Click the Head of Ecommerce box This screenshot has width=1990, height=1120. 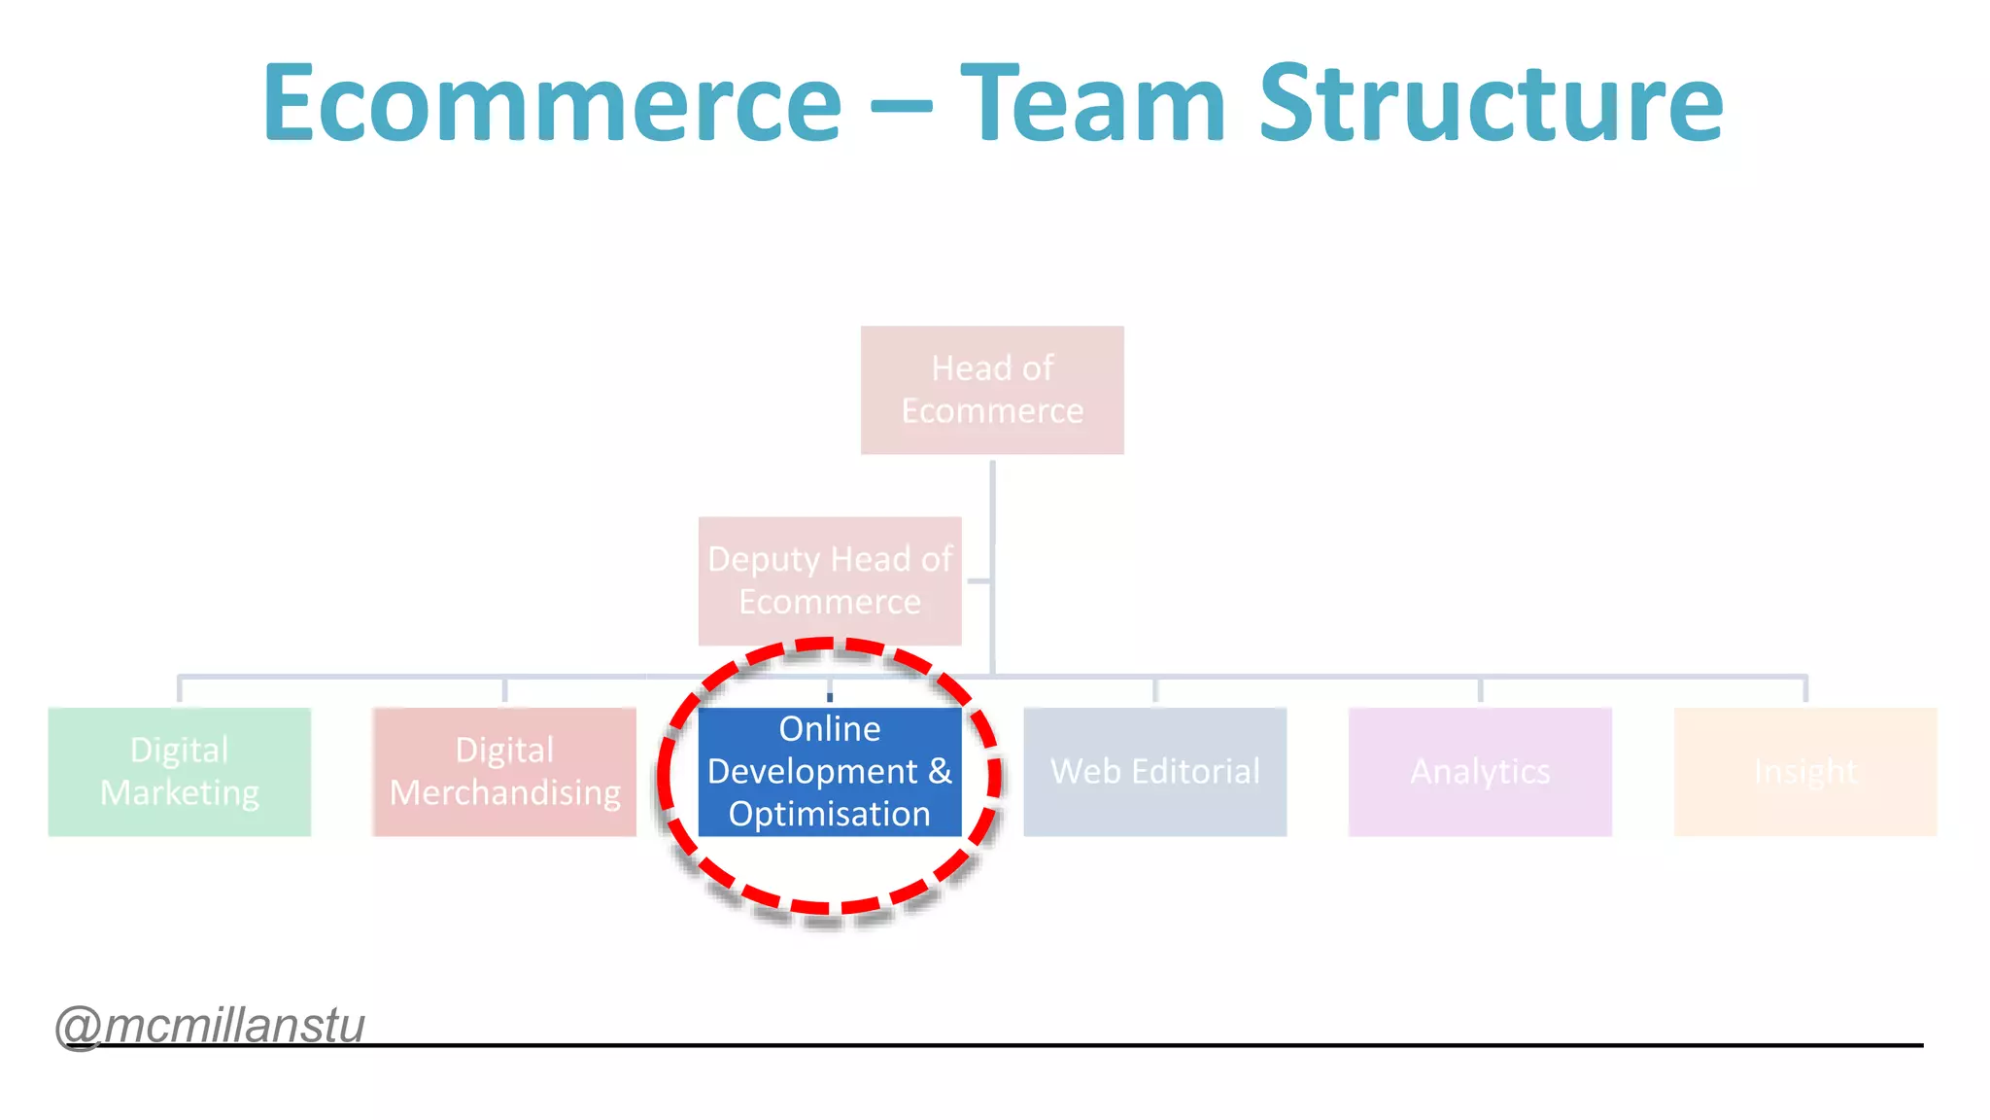[x=992, y=390]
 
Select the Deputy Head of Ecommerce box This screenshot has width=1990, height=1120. [x=830, y=580]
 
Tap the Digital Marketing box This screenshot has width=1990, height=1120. [x=180, y=771]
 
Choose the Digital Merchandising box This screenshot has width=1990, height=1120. [x=504, y=771]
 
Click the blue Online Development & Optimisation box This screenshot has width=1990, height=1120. [x=830, y=771]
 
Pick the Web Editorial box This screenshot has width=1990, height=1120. [x=1154, y=771]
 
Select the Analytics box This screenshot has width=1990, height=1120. [x=1480, y=771]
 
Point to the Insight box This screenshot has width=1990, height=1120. [x=1804, y=771]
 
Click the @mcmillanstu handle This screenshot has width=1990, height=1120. [x=210, y=1026]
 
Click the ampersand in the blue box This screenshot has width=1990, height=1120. [x=940, y=771]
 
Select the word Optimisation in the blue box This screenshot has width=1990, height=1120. [x=830, y=814]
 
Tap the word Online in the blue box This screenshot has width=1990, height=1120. [x=830, y=728]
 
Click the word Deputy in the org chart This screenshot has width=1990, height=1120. [x=764, y=560]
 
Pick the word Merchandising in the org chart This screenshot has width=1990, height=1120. [x=504, y=793]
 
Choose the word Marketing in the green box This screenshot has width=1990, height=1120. [x=180, y=793]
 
